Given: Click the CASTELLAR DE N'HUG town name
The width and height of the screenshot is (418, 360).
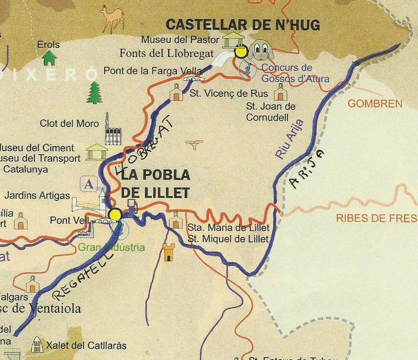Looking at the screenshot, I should tap(243, 25).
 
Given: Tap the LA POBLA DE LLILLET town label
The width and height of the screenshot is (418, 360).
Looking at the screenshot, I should tap(155, 184).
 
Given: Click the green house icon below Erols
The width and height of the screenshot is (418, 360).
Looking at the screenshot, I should tap(49, 58).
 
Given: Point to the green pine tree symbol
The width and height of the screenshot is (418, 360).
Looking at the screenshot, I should tap(94, 93).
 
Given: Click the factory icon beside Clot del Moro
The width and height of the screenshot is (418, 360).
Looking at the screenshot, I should tap(112, 130).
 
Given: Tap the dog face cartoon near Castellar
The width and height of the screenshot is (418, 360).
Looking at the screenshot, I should tap(261, 49).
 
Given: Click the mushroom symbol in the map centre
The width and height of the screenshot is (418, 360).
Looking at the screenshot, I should tap(195, 144).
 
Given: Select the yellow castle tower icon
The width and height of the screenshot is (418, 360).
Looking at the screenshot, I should tap(168, 252).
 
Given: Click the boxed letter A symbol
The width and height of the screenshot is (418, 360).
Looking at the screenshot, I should tap(89, 184).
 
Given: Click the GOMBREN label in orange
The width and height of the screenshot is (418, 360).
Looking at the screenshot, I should tap(375, 104).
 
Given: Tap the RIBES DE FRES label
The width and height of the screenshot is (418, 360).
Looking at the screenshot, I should tap(376, 218).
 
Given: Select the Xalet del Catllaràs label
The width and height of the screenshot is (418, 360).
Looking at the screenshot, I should tap(86, 346).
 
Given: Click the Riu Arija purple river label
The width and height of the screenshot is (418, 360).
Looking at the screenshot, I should tap(289, 139).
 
